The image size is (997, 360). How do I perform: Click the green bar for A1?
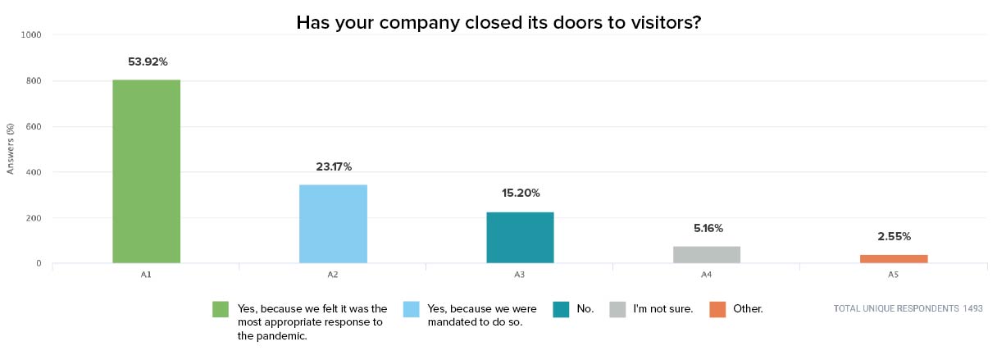coord(146,171)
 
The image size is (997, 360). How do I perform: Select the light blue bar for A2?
coord(333,224)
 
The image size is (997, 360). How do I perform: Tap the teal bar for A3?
coord(520,237)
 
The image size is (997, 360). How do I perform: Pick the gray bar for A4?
coord(707,254)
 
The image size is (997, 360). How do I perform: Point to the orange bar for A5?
coord(894,258)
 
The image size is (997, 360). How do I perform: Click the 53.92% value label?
coord(148,62)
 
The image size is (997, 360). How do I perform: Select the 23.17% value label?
coord(334,167)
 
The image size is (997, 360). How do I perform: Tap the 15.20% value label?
coord(521,194)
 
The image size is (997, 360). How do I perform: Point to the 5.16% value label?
coord(707,228)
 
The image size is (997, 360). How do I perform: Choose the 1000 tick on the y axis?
coord(33,35)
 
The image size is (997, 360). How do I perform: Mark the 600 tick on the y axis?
coord(34,126)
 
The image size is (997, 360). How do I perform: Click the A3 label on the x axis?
coord(520,275)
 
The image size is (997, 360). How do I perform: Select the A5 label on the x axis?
coord(894,275)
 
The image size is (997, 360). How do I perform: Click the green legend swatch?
coord(220,309)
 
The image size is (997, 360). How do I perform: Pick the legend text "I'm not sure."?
coord(662,309)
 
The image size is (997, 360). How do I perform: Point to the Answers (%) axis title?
coord(11,148)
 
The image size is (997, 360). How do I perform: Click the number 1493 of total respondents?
coord(972,309)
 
